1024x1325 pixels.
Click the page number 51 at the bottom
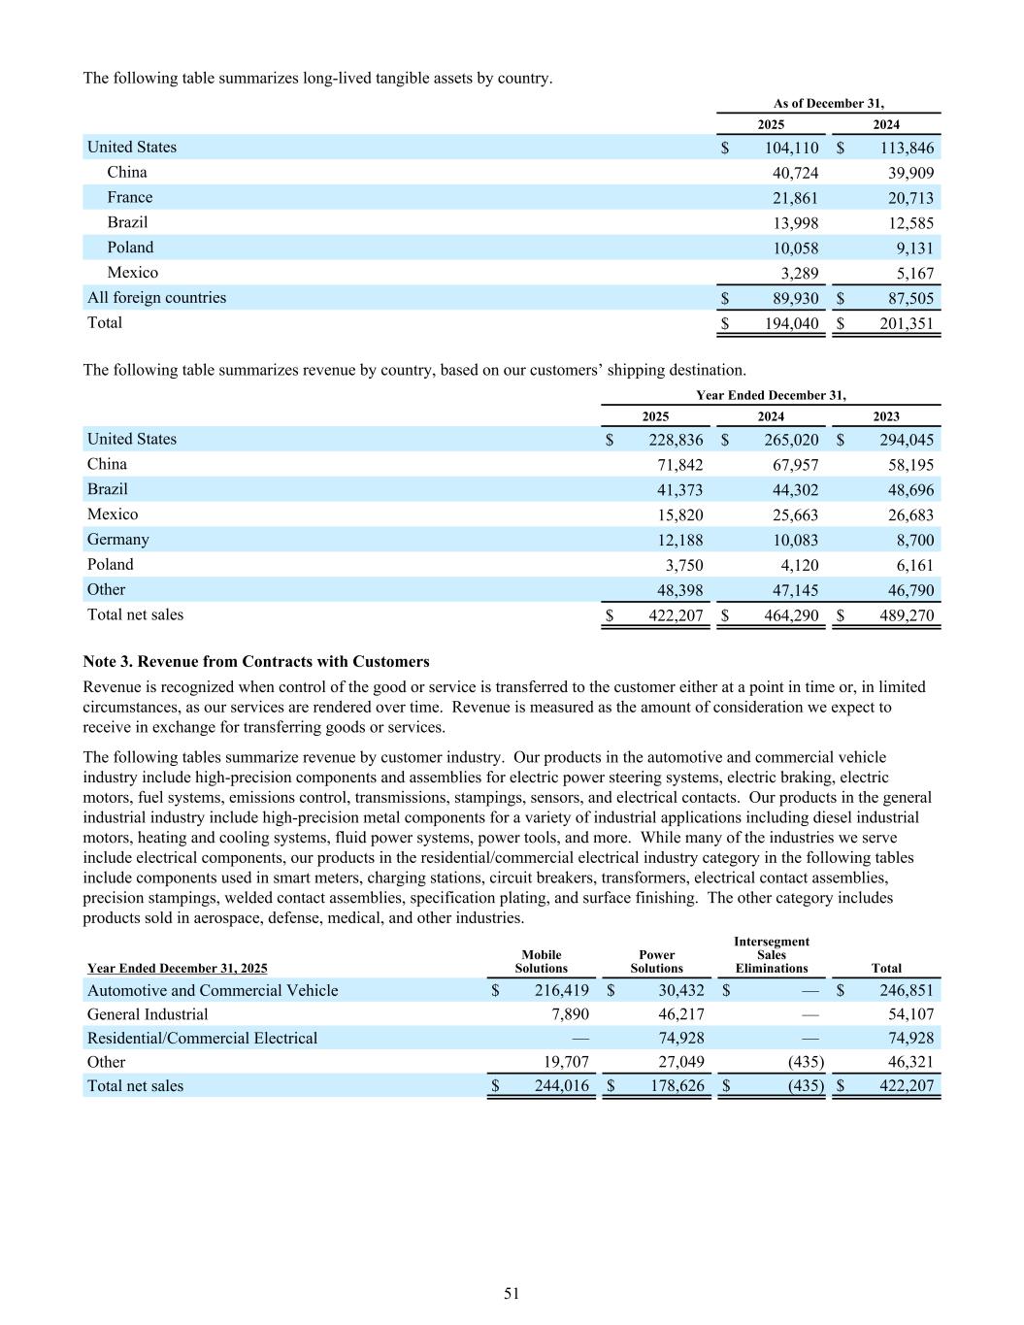point(512,1293)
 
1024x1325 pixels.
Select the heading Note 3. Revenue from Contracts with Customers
point(256,661)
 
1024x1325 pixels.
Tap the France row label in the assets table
point(129,197)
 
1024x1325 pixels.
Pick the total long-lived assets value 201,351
point(906,323)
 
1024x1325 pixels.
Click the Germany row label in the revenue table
point(118,539)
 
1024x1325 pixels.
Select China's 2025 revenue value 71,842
point(679,464)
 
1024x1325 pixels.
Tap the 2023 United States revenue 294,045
point(906,440)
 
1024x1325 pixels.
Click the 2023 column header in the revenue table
point(885,416)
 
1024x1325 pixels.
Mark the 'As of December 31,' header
point(828,103)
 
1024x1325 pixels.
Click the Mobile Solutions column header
point(541,961)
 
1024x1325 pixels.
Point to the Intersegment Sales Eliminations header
point(771,955)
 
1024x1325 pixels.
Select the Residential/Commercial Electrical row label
point(202,1038)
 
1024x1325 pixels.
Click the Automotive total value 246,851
point(906,990)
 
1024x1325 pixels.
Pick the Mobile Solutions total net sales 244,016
point(561,1086)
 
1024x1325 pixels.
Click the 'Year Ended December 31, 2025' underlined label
point(178,968)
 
